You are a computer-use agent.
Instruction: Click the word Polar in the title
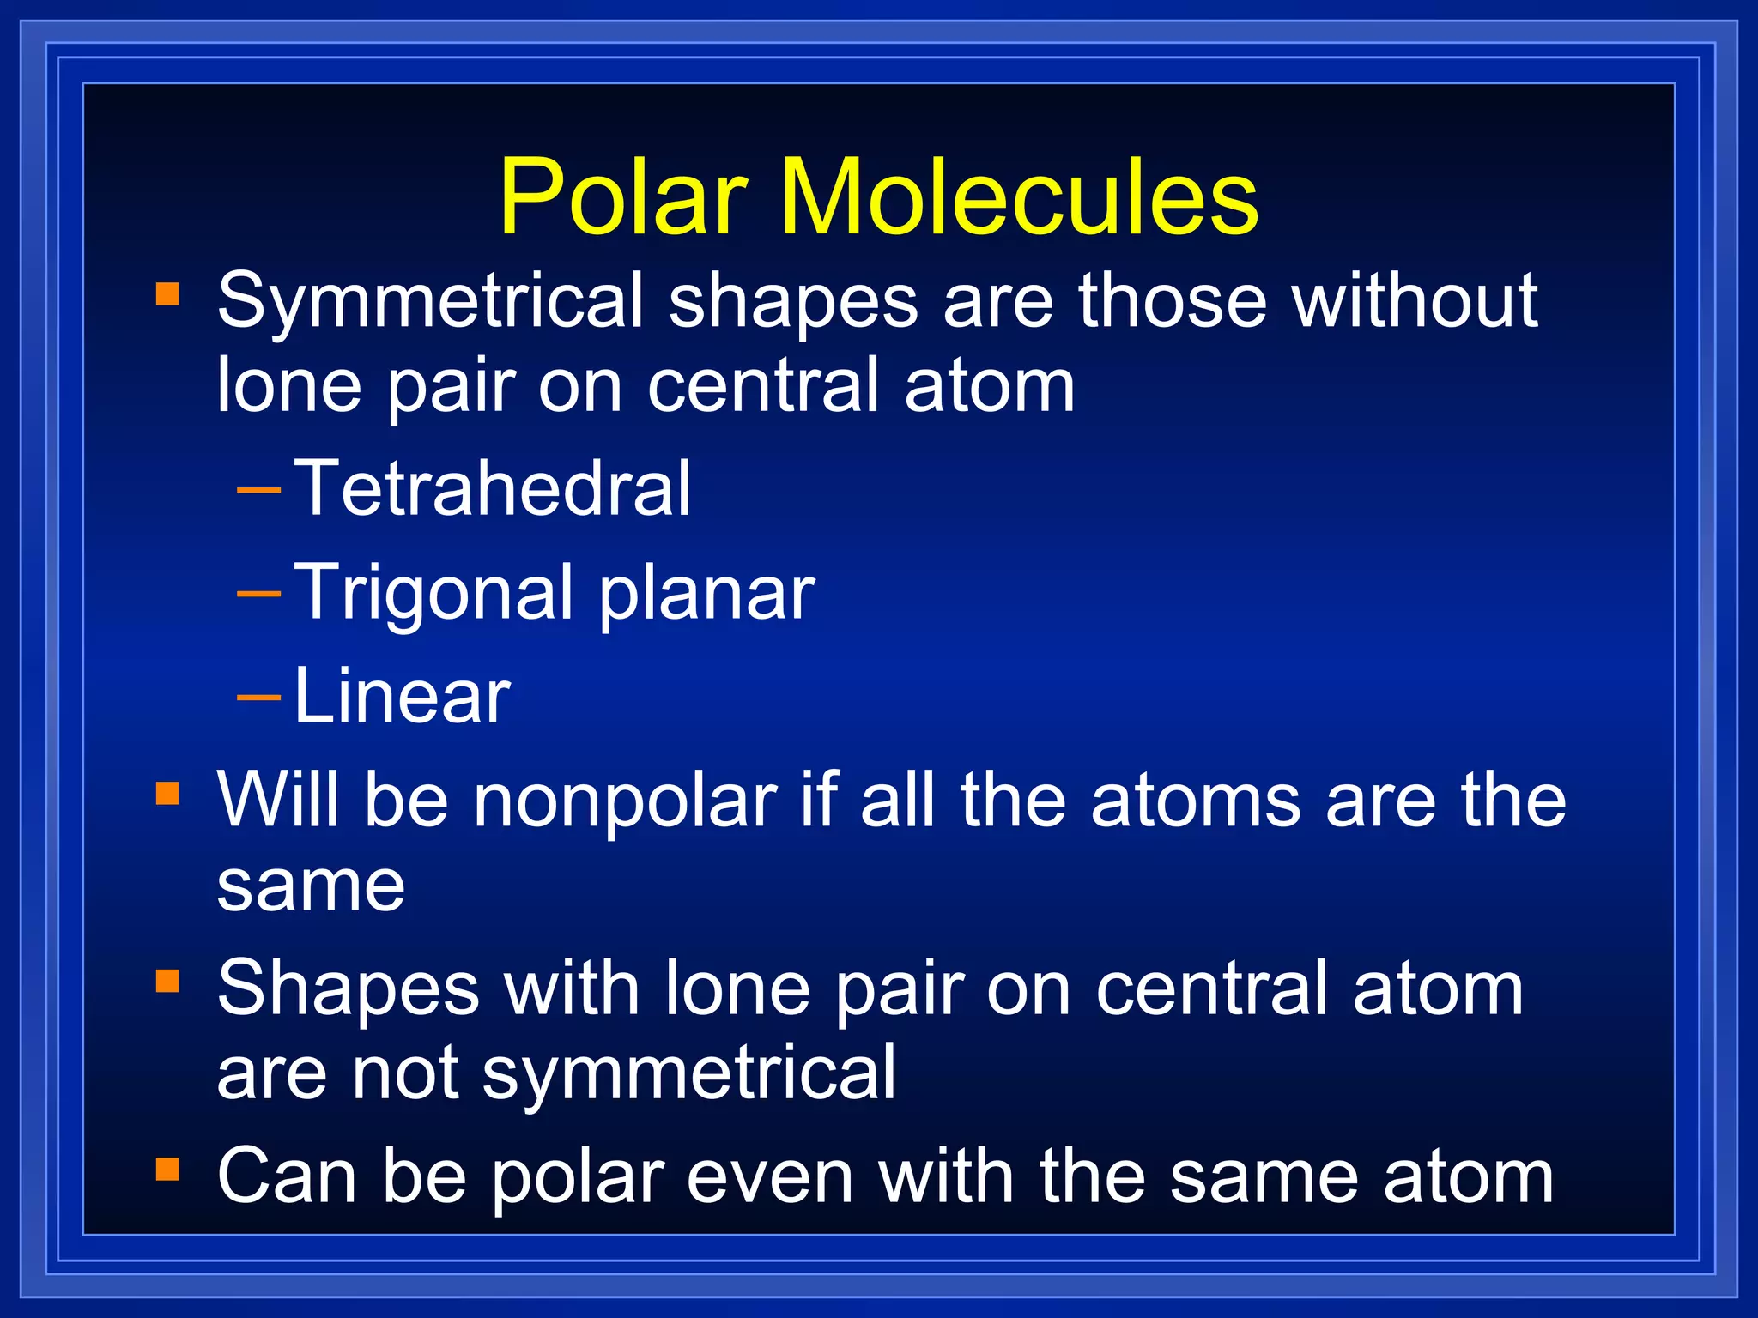[x=623, y=199]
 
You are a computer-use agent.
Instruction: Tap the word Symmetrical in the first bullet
[x=429, y=302]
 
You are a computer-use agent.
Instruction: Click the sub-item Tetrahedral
[x=492, y=489]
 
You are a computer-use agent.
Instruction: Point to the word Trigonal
[x=433, y=594]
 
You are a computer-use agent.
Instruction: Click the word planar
[x=706, y=594]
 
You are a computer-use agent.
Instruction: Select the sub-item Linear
[x=401, y=697]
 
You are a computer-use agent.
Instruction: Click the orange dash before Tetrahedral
[x=258, y=491]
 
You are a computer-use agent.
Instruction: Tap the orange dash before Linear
[x=258, y=698]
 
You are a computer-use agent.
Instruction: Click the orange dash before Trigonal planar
[x=258, y=594]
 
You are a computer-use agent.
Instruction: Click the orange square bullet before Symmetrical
[x=167, y=294]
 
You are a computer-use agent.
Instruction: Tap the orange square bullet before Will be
[x=167, y=794]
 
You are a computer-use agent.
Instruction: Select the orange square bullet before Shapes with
[x=167, y=981]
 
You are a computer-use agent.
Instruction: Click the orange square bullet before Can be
[x=167, y=1169]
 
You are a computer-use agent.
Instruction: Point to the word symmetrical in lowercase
[x=688, y=1074]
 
